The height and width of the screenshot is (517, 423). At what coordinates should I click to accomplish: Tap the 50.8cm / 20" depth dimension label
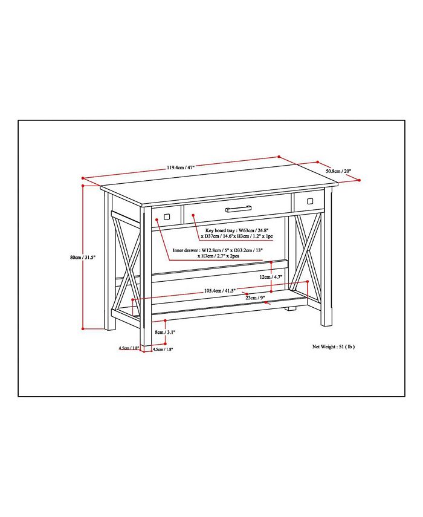(338, 171)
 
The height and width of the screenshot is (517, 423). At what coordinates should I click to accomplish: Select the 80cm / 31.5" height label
(83, 257)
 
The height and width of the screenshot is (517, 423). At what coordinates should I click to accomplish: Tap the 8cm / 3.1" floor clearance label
(165, 332)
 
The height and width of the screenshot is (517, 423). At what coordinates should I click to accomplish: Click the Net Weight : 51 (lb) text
(333, 347)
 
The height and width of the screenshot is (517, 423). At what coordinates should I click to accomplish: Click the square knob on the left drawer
(166, 215)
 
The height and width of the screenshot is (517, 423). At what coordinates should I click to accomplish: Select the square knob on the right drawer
(310, 200)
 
